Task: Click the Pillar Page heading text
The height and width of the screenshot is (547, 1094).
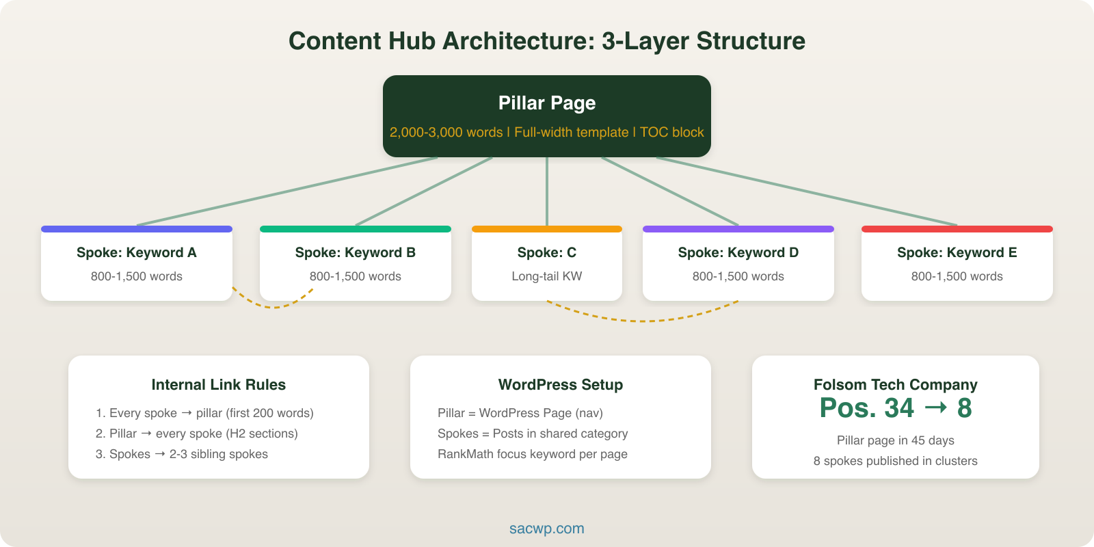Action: coord(547,103)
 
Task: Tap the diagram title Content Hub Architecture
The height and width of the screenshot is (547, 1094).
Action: coord(547,41)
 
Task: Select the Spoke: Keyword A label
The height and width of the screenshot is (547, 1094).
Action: coord(137,252)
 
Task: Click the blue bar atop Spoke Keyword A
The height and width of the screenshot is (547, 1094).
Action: coord(137,229)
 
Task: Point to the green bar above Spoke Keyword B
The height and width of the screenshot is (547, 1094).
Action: coord(356,229)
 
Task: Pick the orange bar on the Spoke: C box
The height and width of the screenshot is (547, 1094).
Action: coord(547,229)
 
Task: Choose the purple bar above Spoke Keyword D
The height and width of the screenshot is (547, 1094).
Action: coord(738,229)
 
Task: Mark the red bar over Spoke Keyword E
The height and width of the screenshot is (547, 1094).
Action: coord(957,229)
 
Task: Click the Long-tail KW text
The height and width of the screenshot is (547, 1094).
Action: coord(547,276)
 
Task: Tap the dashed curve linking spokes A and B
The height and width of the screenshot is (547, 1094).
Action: coord(273,307)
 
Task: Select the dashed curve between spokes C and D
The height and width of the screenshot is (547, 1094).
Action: coord(643,320)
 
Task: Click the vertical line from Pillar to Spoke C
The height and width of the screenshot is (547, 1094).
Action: coord(547,191)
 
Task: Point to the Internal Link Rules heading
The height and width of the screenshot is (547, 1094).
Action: coord(219,385)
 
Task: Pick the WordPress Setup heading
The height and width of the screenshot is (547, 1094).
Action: coord(561,385)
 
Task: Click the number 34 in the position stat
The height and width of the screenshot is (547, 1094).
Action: coord(898,408)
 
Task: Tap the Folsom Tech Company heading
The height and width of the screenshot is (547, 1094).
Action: coord(896,385)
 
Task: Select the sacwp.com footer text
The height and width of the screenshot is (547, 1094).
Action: coord(547,529)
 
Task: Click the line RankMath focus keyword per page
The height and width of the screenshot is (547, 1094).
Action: coord(533,454)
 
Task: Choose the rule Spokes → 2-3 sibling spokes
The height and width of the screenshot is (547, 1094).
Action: coord(182,454)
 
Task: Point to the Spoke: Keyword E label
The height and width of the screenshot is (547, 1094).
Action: coord(957,252)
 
